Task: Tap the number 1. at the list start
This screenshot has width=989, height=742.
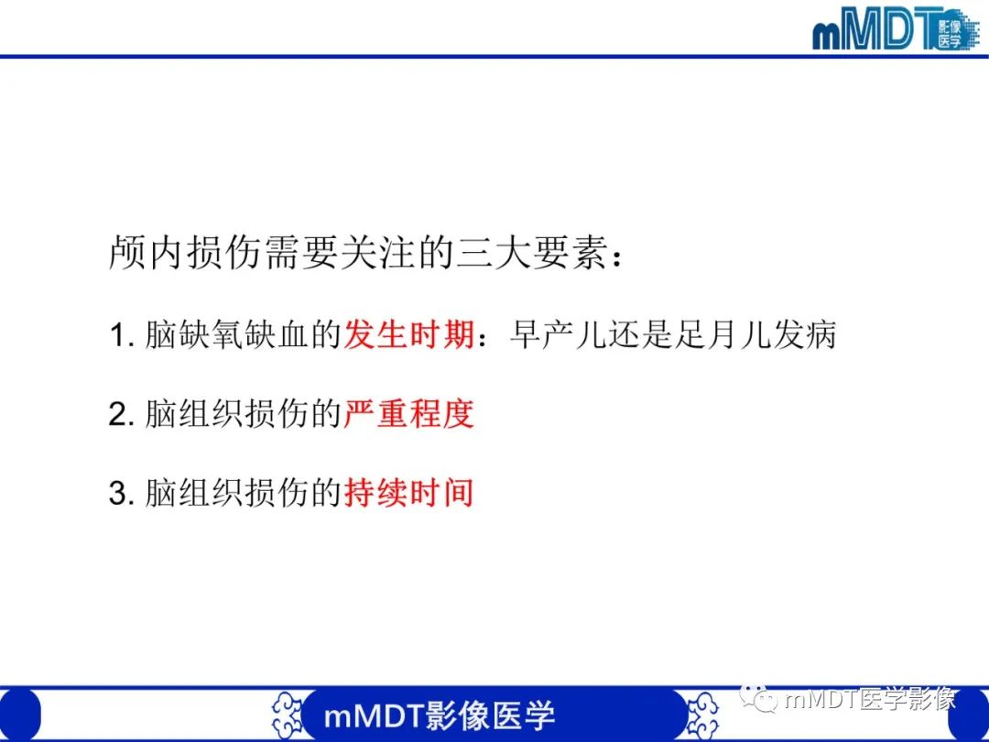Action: tap(122, 336)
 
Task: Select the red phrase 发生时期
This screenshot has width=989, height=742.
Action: tap(408, 335)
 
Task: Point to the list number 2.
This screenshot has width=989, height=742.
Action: tap(122, 415)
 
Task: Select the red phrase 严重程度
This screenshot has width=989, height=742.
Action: tap(408, 414)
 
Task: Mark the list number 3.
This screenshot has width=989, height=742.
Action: tap(122, 495)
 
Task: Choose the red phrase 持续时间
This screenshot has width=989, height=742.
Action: tap(408, 494)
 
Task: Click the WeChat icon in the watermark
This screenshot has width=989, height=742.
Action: tap(766, 701)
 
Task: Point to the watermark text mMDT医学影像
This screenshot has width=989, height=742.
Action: tap(870, 701)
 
